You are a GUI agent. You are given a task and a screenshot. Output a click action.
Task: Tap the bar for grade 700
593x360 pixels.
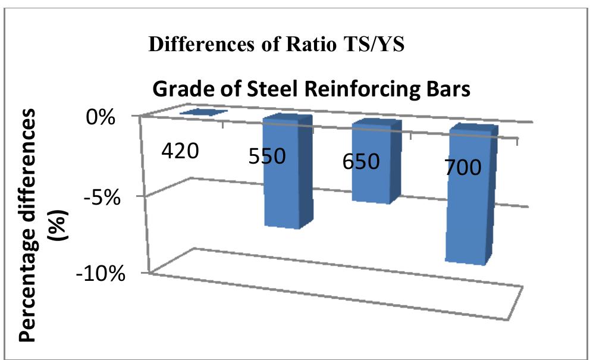pos(469,220)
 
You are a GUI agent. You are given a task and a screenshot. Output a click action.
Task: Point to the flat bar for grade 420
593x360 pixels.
pos(203,112)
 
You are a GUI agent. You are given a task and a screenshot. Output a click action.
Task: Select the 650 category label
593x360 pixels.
pos(361,161)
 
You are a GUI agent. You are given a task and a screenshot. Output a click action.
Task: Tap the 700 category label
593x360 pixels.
pos(463,167)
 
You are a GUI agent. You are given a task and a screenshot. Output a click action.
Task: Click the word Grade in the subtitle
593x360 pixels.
pos(179,90)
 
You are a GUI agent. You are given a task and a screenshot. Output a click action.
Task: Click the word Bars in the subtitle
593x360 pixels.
pos(447,90)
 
